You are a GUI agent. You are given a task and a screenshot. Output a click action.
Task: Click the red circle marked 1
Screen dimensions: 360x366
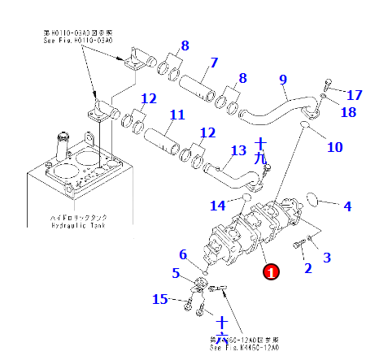[x=271, y=272]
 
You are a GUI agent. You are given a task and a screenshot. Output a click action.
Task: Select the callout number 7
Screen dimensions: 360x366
[x=214, y=63]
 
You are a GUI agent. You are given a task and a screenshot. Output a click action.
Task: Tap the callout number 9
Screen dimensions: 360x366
[x=283, y=79]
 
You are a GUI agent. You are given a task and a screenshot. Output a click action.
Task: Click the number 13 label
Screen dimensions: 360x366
[x=238, y=150]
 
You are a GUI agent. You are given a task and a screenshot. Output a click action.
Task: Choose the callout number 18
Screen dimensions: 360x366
[x=348, y=112]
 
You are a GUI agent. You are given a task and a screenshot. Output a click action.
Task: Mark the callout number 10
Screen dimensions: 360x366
[x=334, y=147]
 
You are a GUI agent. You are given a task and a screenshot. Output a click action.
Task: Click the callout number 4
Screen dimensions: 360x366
[x=347, y=206]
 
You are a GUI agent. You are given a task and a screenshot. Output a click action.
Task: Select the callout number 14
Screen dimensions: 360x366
[x=218, y=204]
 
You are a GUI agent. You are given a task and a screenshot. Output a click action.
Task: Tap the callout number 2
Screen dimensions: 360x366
[x=307, y=268]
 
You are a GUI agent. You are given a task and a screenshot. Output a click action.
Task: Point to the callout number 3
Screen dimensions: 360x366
[x=327, y=258]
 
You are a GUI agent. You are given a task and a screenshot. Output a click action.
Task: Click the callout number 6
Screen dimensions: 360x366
[x=183, y=254]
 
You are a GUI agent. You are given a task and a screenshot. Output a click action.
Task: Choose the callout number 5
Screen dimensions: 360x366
[x=175, y=273]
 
